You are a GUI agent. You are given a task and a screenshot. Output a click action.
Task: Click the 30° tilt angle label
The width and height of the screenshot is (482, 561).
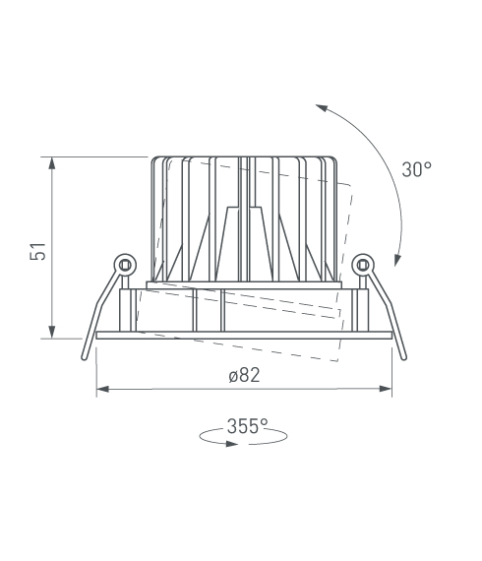tap(416, 169)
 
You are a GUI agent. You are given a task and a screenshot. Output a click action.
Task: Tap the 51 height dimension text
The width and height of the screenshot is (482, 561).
tap(38, 251)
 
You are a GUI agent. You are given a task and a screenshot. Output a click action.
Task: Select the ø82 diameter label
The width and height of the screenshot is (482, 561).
tap(245, 375)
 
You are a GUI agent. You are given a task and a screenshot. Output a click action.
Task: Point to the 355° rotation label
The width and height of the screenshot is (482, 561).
tap(248, 426)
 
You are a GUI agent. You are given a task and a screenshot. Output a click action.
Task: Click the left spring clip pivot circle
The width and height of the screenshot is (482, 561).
tap(125, 266)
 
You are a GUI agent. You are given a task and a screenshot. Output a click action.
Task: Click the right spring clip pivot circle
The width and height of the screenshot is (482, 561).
tap(363, 265)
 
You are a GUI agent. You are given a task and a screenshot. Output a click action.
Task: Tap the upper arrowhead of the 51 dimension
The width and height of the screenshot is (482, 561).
tap(52, 163)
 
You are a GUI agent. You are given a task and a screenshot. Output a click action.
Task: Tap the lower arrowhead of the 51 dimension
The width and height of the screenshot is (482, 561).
tap(52, 332)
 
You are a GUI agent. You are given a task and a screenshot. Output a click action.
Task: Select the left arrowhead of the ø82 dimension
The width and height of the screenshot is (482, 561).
tap(102, 389)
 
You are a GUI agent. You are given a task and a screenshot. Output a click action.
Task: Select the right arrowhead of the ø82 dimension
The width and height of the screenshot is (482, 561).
tap(386, 389)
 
